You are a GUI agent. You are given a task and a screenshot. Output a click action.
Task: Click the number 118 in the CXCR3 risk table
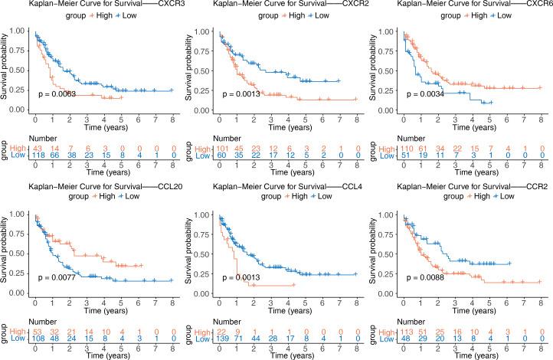coord(35,154)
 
